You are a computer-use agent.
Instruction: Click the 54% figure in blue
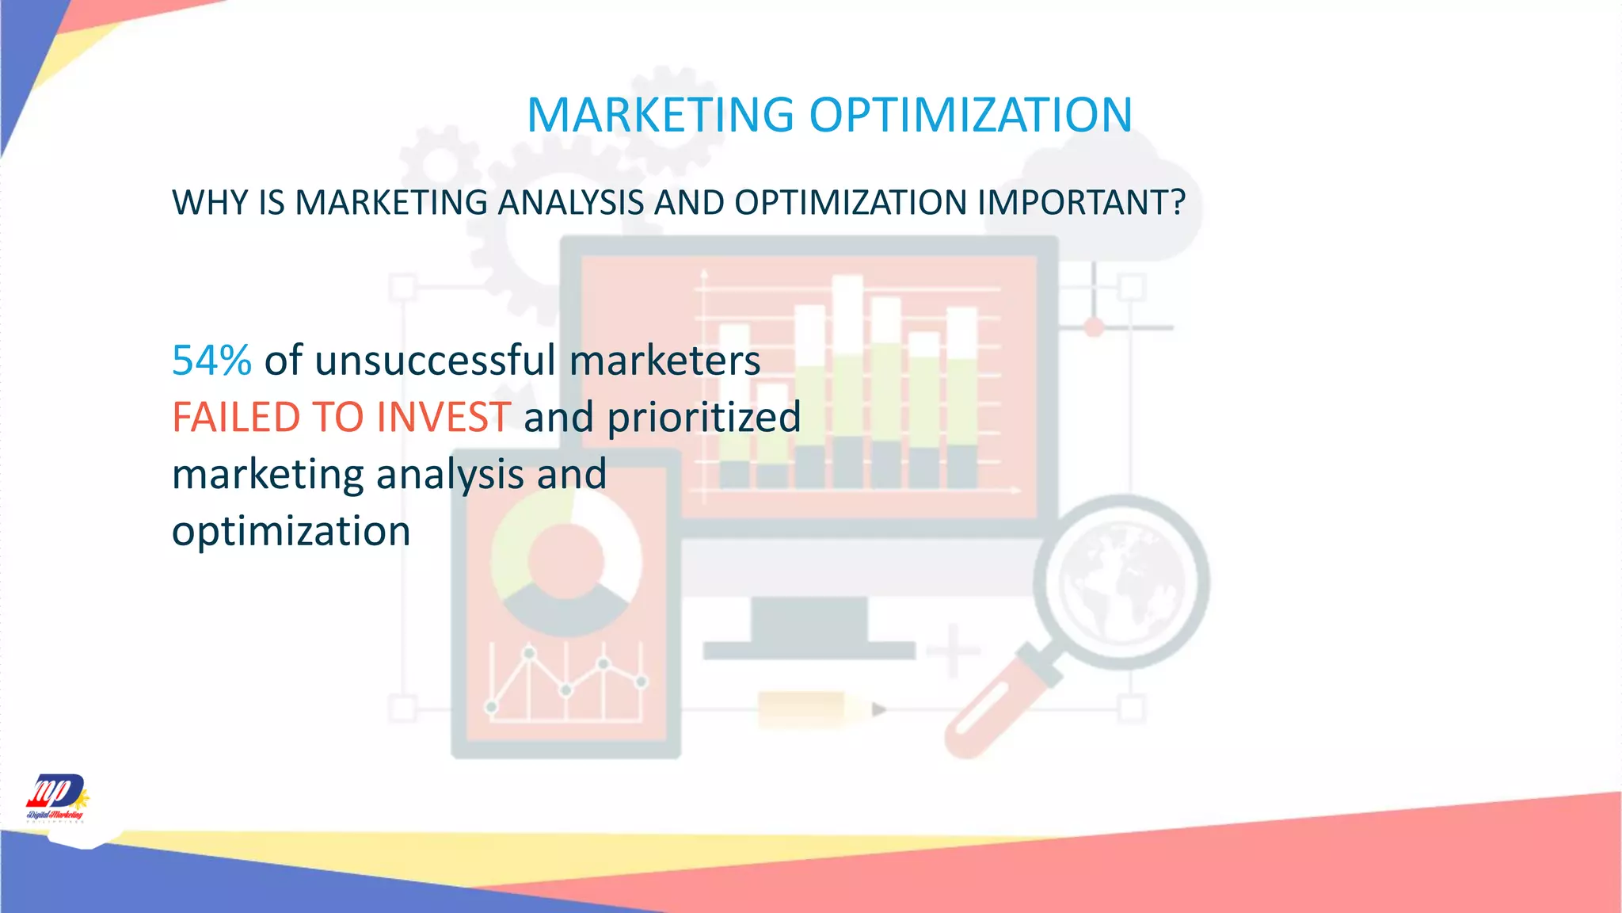pos(211,361)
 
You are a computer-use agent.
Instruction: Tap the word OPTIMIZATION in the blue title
pos(970,115)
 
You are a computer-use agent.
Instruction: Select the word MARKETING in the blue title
pos(660,115)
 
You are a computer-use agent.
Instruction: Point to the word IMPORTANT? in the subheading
pos(1081,203)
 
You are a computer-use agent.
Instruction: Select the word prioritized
pos(703,418)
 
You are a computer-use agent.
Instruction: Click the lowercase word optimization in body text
pos(291,531)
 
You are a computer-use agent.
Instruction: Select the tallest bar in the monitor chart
pos(847,380)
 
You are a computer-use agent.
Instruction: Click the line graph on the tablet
pos(565,682)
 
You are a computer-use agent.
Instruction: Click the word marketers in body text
pos(664,361)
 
